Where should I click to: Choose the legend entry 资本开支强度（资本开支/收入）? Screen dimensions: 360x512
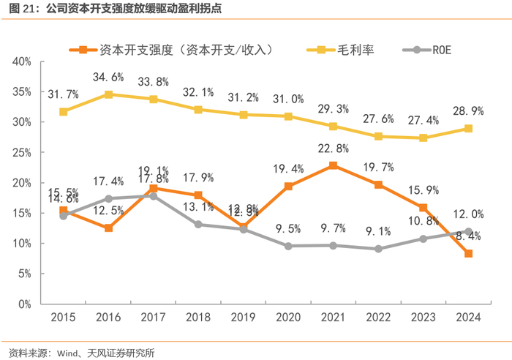(x=186, y=50)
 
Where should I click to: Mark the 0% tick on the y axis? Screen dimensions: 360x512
(x=25, y=303)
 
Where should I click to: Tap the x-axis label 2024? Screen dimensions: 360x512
(x=468, y=318)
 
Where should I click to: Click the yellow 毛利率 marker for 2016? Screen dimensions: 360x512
(x=108, y=94)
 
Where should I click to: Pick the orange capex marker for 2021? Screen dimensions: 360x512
(x=334, y=165)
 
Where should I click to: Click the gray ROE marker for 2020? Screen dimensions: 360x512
(x=288, y=246)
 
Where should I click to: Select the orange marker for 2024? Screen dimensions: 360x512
(x=468, y=253)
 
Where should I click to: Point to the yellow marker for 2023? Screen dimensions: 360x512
(x=423, y=138)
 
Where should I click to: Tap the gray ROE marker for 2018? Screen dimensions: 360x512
(x=198, y=224)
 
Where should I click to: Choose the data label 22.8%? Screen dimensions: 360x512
(x=333, y=149)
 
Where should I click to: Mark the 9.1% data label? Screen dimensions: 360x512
(x=378, y=231)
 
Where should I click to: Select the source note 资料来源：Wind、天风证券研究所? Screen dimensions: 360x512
(x=82, y=352)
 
